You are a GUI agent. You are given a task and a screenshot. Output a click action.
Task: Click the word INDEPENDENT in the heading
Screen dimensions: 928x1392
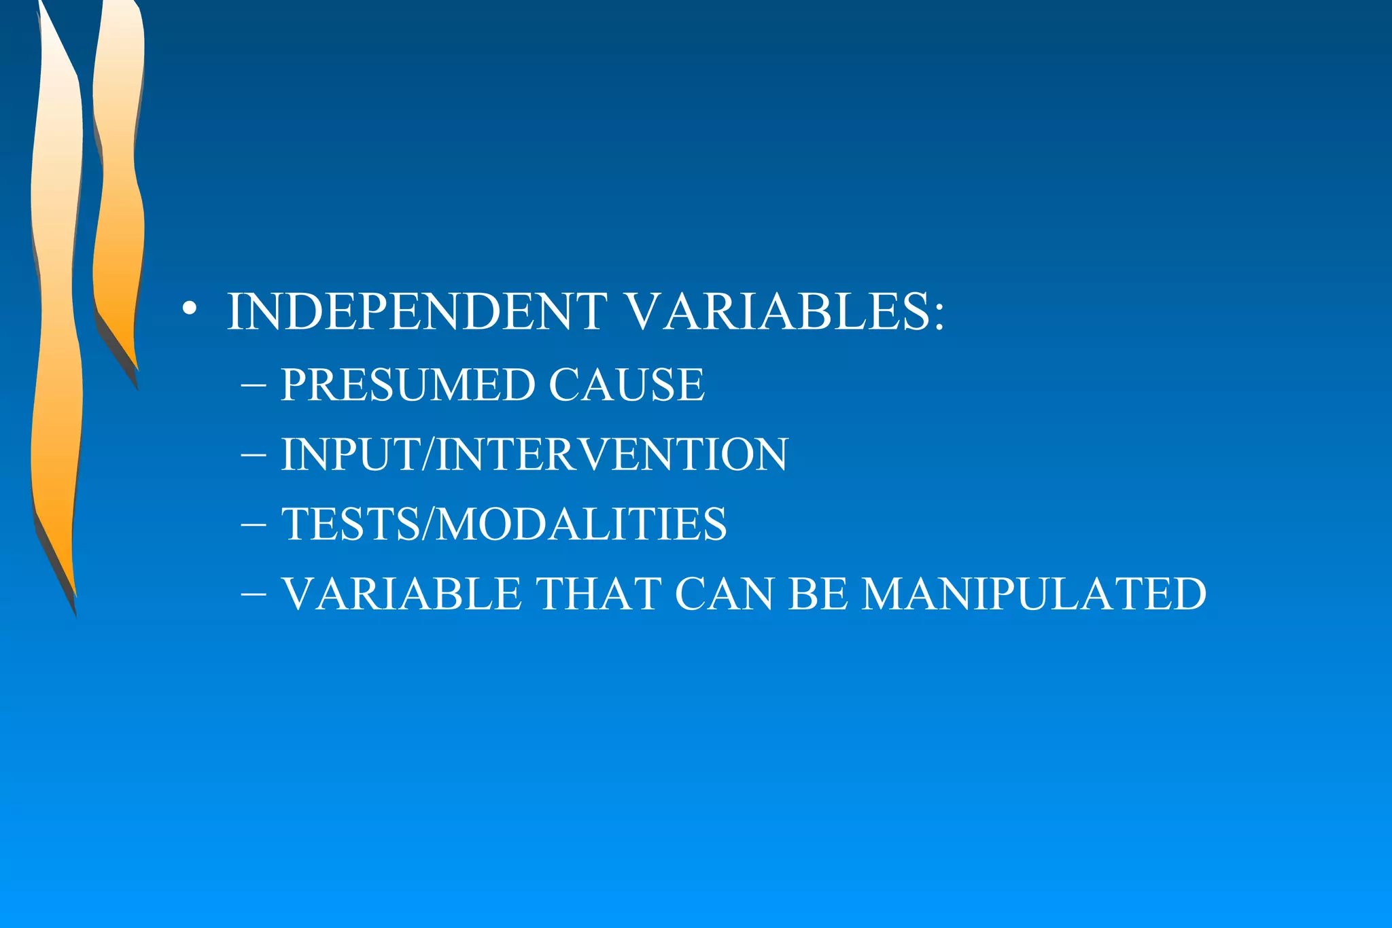[x=417, y=312]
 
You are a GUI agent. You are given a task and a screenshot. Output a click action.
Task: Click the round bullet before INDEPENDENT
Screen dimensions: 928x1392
[x=190, y=310]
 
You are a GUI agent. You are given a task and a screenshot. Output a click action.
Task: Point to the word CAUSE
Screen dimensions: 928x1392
[x=626, y=385]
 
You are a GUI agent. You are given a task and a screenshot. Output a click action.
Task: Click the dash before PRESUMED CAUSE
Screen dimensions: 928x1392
[x=253, y=385]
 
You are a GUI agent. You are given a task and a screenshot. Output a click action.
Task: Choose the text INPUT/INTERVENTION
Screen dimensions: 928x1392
[x=534, y=454]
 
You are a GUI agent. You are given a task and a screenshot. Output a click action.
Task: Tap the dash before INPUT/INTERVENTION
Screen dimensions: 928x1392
[x=253, y=454]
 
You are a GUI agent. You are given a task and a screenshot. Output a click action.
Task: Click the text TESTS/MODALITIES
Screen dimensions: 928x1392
[x=504, y=524]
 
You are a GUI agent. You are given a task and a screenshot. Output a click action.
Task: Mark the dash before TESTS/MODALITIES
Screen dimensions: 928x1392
[x=253, y=524]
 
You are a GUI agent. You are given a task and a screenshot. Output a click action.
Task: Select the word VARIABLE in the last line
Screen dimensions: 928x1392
[x=402, y=594]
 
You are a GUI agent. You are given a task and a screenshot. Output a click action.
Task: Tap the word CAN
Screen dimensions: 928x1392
[x=724, y=594]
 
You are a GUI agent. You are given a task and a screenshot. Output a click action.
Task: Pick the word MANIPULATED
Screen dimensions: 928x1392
[x=1034, y=594]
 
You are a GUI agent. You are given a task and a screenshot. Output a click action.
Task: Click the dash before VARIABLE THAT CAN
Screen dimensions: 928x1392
[x=253, y=594]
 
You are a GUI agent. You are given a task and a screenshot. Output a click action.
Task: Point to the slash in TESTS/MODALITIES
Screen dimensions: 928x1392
[x=427, y=524]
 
